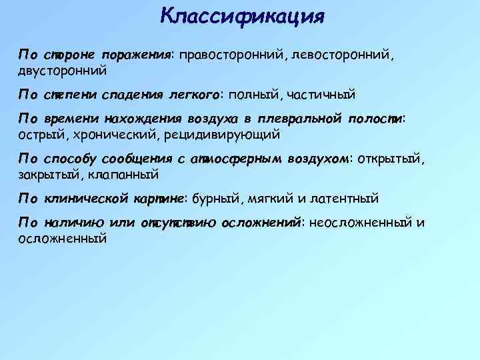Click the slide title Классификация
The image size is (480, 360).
242,15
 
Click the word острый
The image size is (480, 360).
39,134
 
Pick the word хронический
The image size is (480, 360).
112,134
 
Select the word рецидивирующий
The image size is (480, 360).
215,134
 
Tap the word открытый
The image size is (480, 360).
389,159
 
